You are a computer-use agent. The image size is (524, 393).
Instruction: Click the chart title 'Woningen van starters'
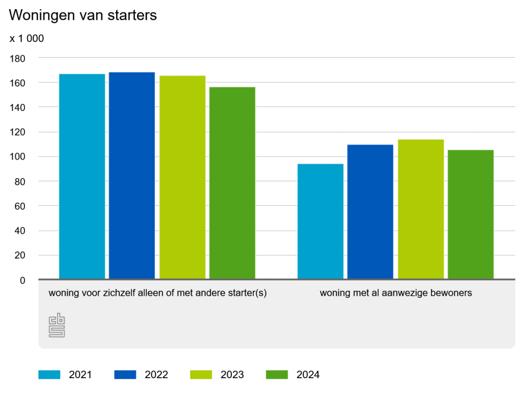coord(83,15)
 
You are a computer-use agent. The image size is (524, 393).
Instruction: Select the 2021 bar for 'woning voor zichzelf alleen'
coord(82,177)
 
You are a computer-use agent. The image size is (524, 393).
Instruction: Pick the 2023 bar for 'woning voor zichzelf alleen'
coord(182,177)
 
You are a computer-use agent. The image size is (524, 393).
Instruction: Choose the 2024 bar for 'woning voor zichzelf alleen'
coord(232,183)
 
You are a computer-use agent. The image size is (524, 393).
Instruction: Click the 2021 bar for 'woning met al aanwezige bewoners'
coord(320,221)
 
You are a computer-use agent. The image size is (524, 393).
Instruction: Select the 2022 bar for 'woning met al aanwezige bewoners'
coord(370,212)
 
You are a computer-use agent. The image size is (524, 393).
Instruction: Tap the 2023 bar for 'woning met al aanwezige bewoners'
coord(421,209)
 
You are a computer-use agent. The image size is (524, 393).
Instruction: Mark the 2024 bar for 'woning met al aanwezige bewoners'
coord(470,214)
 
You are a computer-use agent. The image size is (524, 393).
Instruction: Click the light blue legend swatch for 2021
coord(50,375)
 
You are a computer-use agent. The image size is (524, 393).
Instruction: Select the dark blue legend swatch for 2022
coord(125,375)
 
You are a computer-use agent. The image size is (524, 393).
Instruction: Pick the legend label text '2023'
coord(232,375)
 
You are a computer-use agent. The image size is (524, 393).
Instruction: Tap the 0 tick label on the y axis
coord(22,280)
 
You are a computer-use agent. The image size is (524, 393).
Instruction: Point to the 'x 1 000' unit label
coord(27,38)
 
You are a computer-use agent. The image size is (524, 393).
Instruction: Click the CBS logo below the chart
coord(57,325)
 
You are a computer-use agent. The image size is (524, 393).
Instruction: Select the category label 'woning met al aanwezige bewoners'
coord(396,293)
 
